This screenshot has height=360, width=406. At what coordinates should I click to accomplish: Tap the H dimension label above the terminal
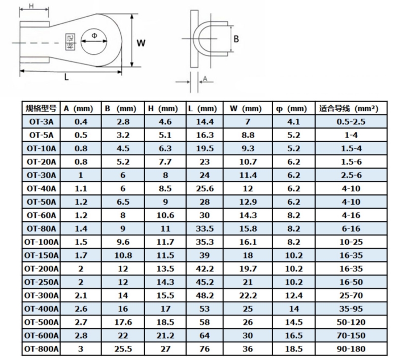(31, 6)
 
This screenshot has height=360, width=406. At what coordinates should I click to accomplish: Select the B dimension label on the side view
(236, 39)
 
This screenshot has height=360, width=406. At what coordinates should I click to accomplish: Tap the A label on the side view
(205, 78)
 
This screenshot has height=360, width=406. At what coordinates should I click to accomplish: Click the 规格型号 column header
(41, 108)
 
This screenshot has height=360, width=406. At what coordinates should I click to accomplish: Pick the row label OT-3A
(42, 122)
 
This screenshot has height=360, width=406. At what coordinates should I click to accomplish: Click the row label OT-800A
(42, 348)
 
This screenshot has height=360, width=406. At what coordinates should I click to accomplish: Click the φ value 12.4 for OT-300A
(294, 295)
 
